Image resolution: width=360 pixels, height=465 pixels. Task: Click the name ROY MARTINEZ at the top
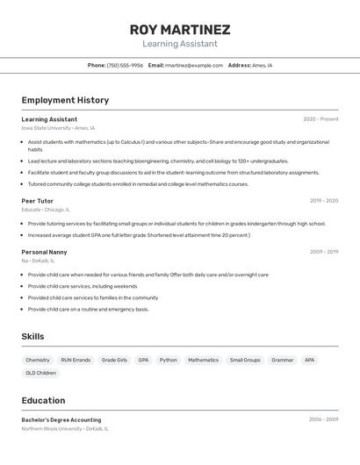click(180, 30)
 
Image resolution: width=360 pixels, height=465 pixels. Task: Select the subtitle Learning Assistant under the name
click(180, 44)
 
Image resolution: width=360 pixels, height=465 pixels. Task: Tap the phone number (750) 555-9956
click(125, 65)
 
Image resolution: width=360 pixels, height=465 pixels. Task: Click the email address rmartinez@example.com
click(194, 65)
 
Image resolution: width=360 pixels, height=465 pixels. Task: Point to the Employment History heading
click(65, 100)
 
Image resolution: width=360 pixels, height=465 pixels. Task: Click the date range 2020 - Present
click(320, 119)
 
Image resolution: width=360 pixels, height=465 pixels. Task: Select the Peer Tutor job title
click(38, 201)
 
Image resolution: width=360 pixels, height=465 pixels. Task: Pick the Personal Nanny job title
click(44, 252)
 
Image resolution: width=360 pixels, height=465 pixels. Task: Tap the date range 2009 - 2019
click(324, 252)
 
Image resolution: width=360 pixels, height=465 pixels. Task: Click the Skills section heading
click(33, 336)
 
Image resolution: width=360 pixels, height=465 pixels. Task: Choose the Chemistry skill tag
click(38, 360)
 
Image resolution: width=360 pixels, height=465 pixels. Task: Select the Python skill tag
click(169, 360)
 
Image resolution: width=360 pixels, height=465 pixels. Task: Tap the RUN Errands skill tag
click(76, 360)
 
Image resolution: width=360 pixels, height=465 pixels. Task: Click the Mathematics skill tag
click(203, 360)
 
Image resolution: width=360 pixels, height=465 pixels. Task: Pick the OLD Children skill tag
click(40, 373)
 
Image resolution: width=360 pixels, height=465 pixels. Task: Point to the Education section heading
click(43, 400)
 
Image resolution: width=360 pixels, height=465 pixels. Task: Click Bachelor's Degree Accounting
click(61, 420)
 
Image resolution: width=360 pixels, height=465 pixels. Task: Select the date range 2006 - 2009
click(321, 419)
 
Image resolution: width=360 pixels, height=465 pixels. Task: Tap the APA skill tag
click(309, 360)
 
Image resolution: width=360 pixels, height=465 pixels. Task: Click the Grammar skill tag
click(283, 360)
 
